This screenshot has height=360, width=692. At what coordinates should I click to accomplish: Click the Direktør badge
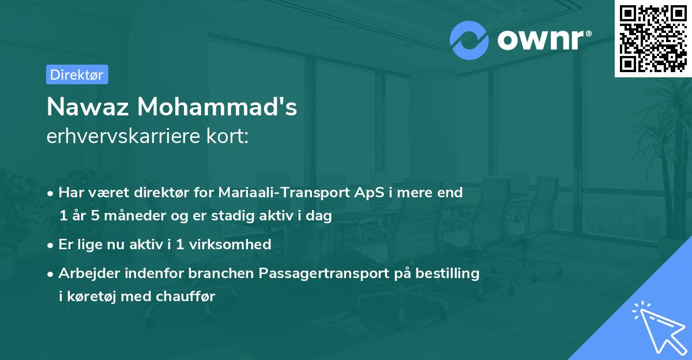[x=77, y=75]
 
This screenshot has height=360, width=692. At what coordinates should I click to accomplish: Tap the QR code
[x=653, y=39]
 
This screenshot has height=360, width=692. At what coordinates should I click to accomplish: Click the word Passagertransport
[x=324, y=273]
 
